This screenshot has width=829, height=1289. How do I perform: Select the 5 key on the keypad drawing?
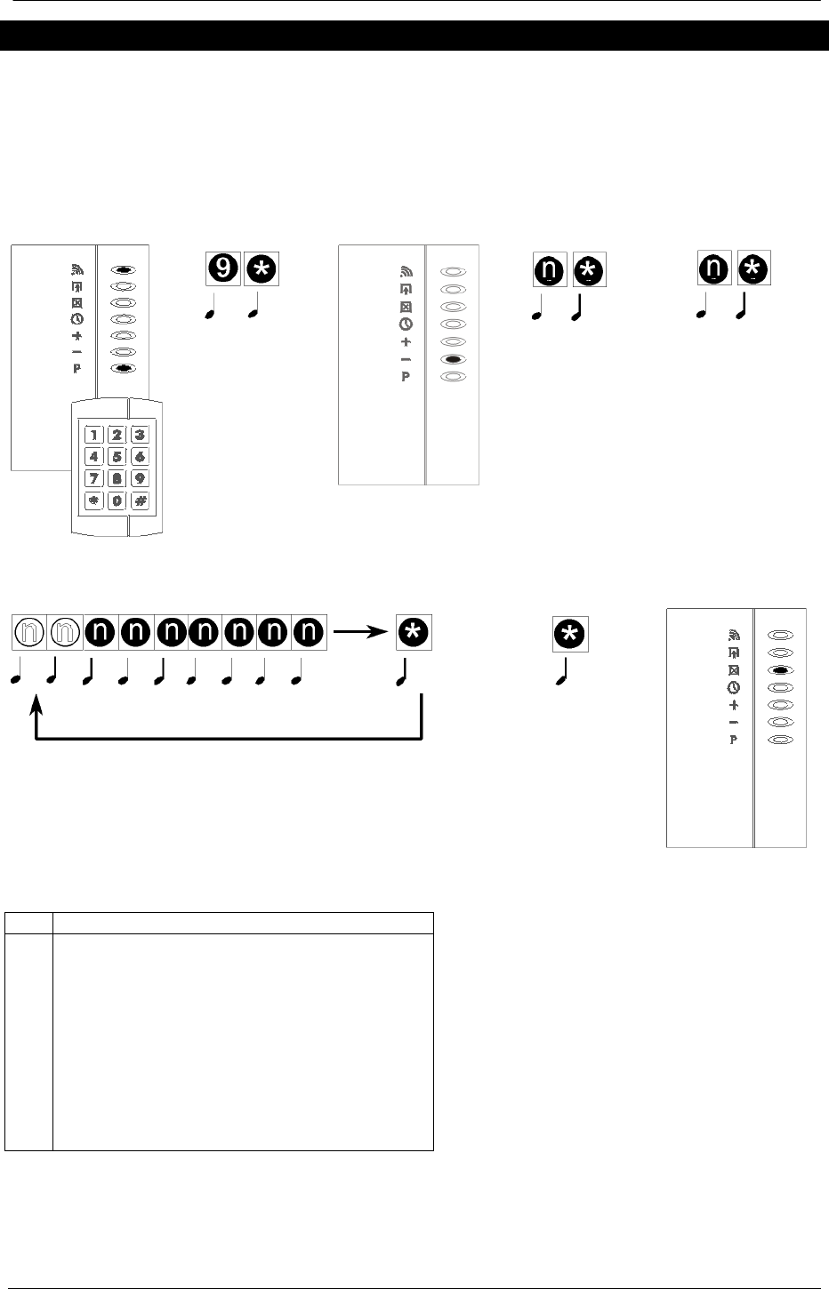coord(117,456)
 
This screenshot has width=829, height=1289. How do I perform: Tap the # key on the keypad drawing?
coord(140,500)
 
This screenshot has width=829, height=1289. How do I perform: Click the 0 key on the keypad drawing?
coord(117,500)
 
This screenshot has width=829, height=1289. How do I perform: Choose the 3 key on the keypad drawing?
coord(140,435)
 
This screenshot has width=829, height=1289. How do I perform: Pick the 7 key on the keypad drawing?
coord(93,478)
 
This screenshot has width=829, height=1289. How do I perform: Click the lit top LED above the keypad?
coord(125,268)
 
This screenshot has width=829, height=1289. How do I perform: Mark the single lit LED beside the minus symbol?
coord(453,359)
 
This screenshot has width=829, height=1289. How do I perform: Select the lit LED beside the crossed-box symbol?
coord(780,670)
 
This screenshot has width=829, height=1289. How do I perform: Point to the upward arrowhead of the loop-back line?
coord(36,706)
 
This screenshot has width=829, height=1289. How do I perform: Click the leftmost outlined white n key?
coord(29,632)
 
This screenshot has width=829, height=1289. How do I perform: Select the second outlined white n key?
coord(64,632)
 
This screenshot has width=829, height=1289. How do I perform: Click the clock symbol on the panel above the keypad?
coord(77,319)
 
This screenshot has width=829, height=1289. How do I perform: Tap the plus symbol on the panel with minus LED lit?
coord(406,341)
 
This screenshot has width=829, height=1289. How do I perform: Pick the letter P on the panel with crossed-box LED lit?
coord(734,740)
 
